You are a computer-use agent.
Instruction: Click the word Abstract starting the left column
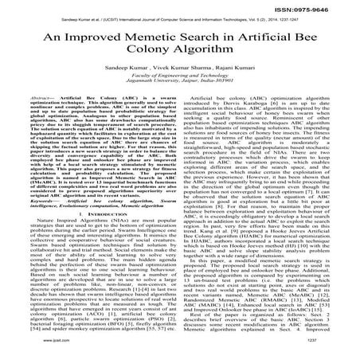click(37, 106)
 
